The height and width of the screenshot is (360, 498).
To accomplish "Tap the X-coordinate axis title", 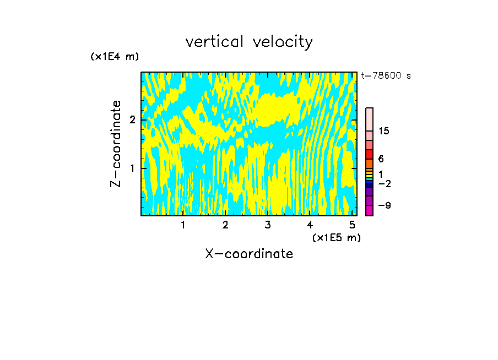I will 249,254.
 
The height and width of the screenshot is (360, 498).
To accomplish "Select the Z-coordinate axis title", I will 116,144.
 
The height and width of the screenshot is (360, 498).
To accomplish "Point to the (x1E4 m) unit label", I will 115,57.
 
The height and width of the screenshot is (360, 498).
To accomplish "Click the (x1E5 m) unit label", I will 336,237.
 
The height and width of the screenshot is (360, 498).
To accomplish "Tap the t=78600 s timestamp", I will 386,76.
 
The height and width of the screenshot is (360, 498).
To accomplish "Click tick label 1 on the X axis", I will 183,225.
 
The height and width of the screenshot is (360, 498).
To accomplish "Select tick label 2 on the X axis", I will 225,225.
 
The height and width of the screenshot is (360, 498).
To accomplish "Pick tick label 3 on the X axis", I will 267,225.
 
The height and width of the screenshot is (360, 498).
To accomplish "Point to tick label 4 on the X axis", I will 310,225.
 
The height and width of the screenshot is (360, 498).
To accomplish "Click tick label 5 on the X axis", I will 351,225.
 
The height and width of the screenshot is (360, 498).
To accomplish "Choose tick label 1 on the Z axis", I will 132,168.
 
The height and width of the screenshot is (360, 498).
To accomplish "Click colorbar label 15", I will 384,131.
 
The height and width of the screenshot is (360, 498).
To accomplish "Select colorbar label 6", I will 381,159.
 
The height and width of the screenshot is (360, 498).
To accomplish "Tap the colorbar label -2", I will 384,183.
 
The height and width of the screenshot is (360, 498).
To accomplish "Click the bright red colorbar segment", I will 369,154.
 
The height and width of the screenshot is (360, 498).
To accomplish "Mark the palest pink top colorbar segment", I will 369,119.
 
